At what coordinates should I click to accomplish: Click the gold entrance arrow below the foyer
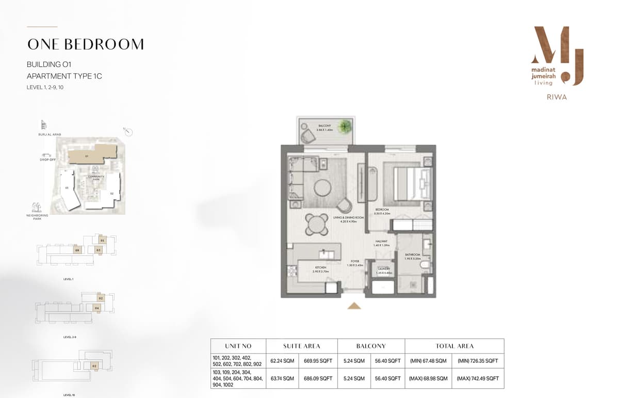click(x=354, y=306)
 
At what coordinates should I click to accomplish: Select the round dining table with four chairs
click(x=316, y=224)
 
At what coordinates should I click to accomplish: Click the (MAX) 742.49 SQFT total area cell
click(x=478, y=378)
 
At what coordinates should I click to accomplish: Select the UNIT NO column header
click(x=238, y=346)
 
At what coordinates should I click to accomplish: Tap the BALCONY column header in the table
click(x=371, y=346)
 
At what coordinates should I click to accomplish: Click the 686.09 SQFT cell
click(x=318, y=378)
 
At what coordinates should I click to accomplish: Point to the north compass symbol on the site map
click(x=128, y=132)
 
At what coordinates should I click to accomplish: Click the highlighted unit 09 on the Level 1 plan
click(x=77, y=250)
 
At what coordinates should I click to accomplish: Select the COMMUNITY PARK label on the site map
click(x=95, y=178)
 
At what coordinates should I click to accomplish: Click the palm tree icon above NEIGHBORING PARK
click(x=36, y=207)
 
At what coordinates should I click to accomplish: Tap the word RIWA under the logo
click(x=557, y=97)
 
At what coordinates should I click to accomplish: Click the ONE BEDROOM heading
click(x=86, y=44)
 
